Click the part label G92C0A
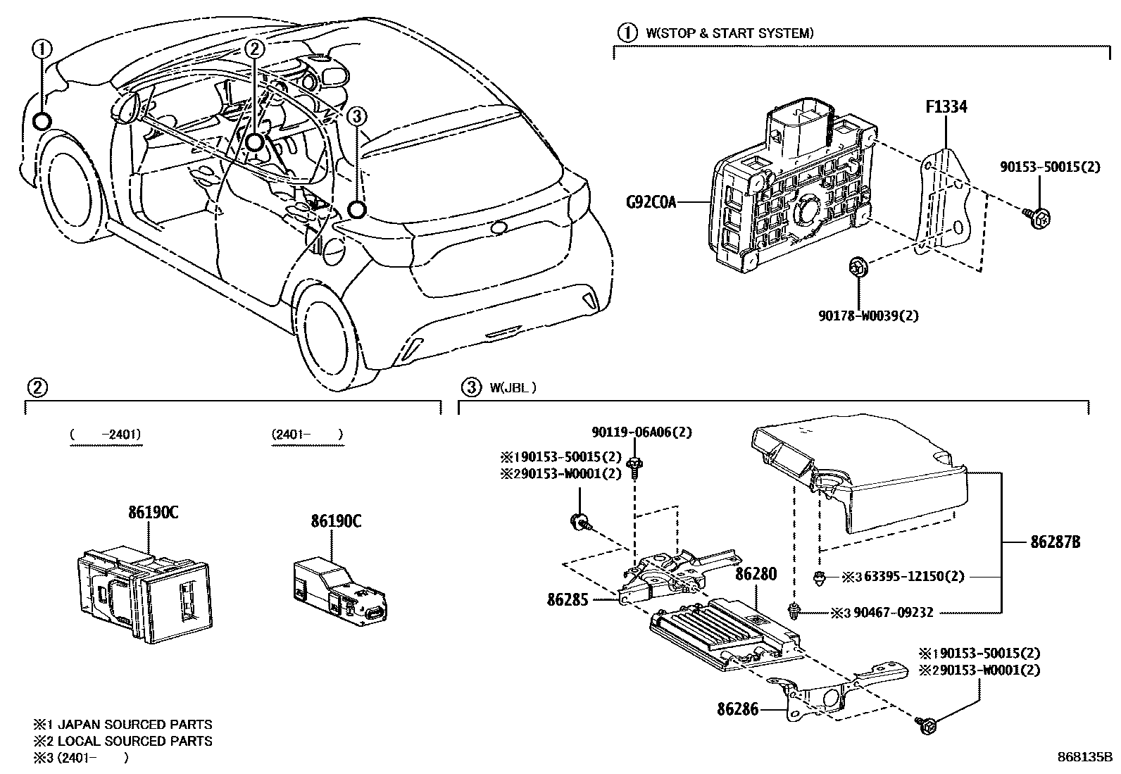(651, 203)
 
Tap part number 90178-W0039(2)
(868, 316)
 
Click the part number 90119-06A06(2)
(641, 432)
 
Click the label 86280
(756, 574)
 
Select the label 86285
(567, 599)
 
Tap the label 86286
(738, 709)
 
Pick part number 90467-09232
(892, 613)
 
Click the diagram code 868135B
(1084, 758)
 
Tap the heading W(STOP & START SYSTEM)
(726, 32)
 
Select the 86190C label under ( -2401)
(153, 513)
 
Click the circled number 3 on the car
(357, 116)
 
